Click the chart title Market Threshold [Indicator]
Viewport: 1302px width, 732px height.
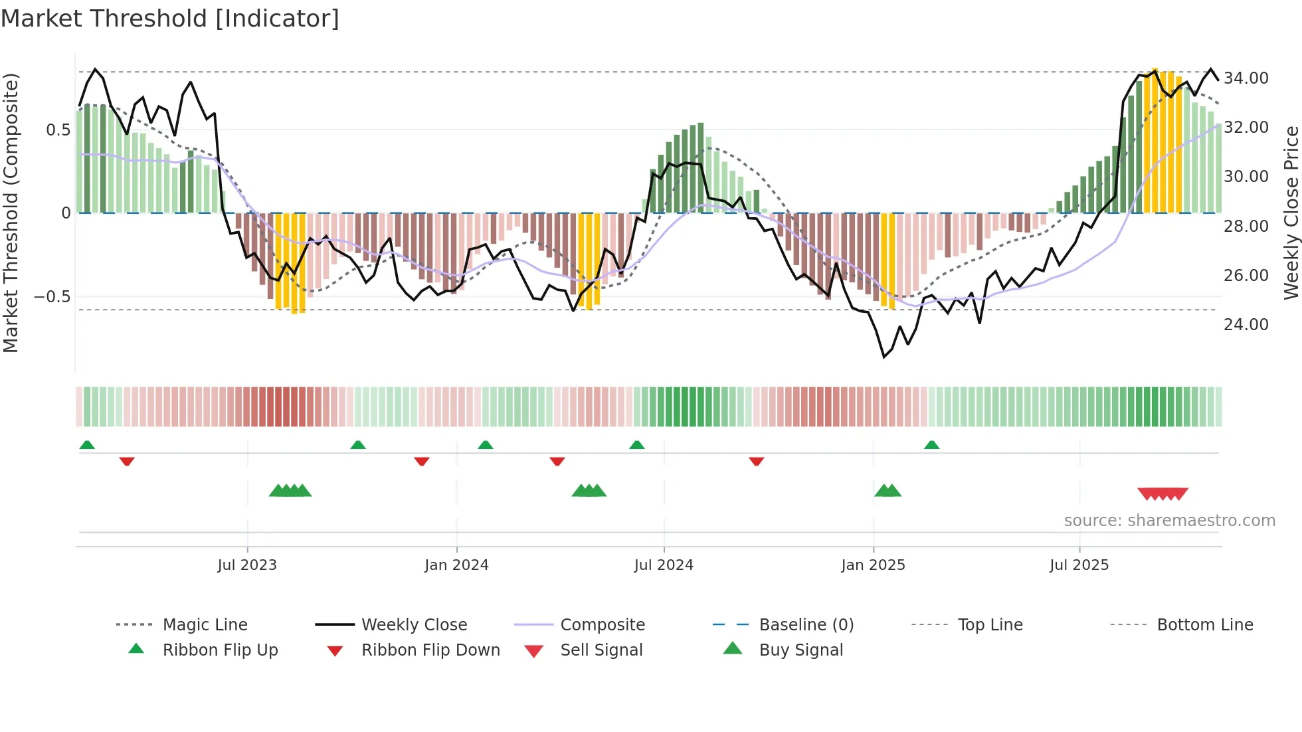pyautogui.click(x=170, y=19)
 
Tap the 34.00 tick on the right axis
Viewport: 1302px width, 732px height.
pyautogui.click(x=1246, y=78)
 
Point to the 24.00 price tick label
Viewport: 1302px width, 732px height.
pyautogui.click(x=1246, y=325)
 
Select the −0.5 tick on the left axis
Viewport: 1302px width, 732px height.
pyautogui.click(x=52, y=297)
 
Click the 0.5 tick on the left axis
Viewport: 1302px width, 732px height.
pyautogui.click(x=58, y=130)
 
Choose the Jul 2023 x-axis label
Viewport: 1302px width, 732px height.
pyautogui.click(x=246, y=565)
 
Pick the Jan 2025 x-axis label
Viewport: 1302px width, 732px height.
pyautogui.click(x=872, y=565)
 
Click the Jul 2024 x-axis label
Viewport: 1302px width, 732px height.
pyautogui.click(x=663, y=565)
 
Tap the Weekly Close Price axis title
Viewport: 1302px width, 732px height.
pyautogui.click(x=1291, y=213)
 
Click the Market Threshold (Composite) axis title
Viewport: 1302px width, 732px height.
pyautogui.click(x=11, y=213)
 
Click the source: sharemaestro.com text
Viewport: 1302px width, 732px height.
pyautogui.click(x=1169, y=521)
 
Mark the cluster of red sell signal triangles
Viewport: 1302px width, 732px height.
pyautogui.click(x=1162, y=494)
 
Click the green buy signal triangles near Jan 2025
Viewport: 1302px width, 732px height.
pyautogui.click(x=887, y=492)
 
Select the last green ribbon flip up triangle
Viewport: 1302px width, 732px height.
pyautogui.click(x=931, y=445)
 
